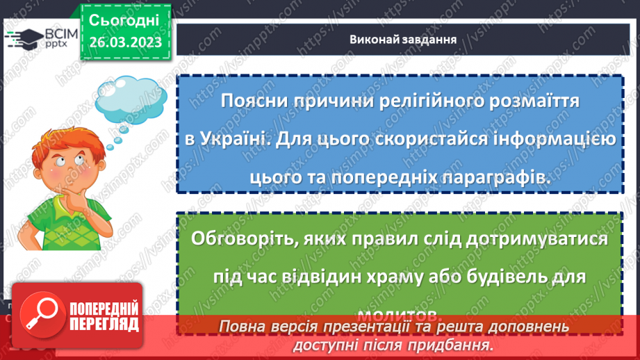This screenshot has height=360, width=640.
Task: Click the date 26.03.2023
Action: (x=125, y=42)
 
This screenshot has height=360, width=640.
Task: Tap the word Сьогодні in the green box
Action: (x=125, y=19)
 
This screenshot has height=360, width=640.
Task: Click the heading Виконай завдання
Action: (x=403, y=39)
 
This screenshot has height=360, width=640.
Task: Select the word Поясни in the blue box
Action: (x=252, y=101)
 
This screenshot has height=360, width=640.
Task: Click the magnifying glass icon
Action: (x=40, y=316)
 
